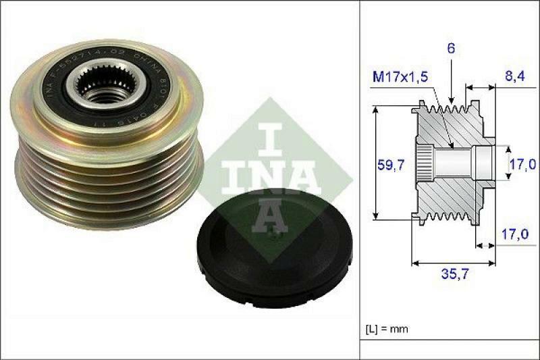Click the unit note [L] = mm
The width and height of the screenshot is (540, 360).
coord(387,329)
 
